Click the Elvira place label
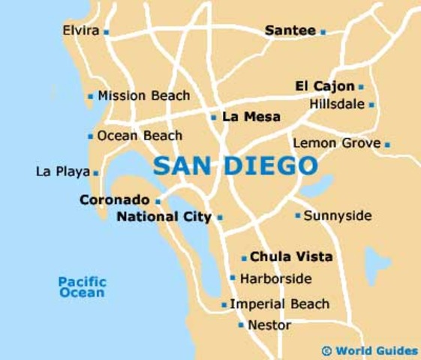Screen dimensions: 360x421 tap(81, 31)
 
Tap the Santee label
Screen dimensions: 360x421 tap(290, 31)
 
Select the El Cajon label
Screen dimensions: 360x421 tap(325, 86)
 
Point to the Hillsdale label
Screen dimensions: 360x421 tap(337, 104)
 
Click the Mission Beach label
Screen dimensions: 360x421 tap(143, 96)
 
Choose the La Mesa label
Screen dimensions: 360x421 tap(251, 117)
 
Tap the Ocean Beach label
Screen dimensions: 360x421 tap(140, 136)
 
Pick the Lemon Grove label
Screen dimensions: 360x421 tap(337, 142)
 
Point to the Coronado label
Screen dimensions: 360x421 tap(114, 200)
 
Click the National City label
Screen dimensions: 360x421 tap(164, 217)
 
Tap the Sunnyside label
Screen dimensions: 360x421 tap(338, 215)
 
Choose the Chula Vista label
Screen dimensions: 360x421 tap(291, 256)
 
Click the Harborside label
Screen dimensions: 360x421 tap(275, 278)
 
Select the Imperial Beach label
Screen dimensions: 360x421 tap(279, 304)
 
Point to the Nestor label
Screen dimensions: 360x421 tap(269, 325)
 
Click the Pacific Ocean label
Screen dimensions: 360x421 tap(83, 286)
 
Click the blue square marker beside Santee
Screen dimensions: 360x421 tap(323, 31)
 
